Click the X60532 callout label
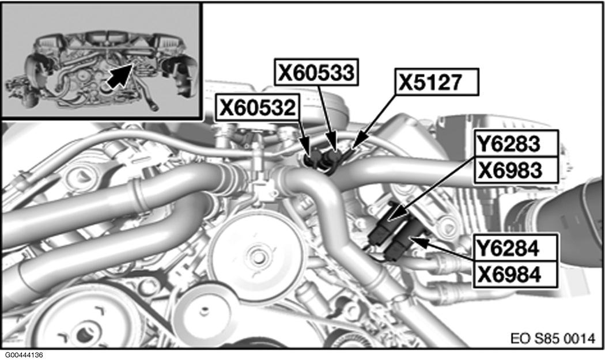point(258,108)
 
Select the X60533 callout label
point(316,72)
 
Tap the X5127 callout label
point(437,82)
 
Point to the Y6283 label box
point(516,143)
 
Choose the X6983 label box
point(516,170)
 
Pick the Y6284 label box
point(516,248)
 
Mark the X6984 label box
point(516,274)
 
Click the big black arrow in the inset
point(119,75)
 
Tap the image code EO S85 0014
point(553,339)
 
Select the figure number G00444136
point(24,355)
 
